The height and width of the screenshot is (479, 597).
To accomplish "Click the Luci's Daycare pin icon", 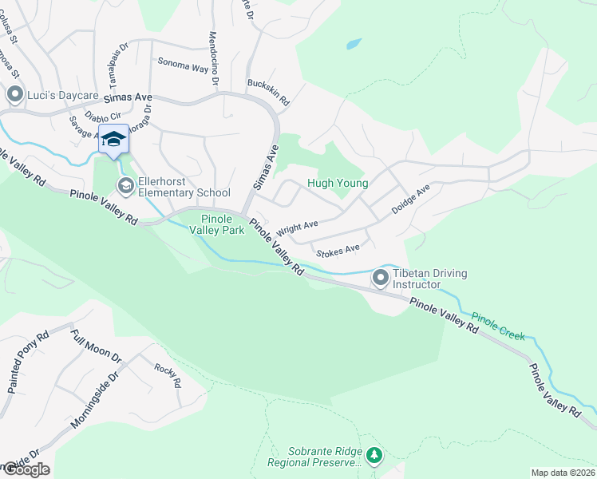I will [14, 95].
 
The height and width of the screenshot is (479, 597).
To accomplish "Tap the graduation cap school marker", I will [113, 139].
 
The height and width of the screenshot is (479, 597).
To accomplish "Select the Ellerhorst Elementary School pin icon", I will [125, 186].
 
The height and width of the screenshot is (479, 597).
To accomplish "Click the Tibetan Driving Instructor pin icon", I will [381, 279].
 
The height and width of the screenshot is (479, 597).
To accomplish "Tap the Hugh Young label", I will [338, 184].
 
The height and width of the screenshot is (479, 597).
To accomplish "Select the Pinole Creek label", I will [498, 326].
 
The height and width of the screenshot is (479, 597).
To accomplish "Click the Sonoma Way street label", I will [183, 65].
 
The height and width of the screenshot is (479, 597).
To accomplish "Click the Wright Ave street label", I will [297, 229].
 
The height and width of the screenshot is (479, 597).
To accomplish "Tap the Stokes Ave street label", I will [338, 251].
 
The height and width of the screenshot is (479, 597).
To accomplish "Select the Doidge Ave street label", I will [410, 199].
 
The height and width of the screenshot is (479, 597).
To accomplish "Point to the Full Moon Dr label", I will [95, 346].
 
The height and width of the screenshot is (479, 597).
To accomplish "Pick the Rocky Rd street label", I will [167, 375].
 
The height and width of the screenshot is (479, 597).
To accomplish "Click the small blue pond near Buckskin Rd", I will [354, 44].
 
